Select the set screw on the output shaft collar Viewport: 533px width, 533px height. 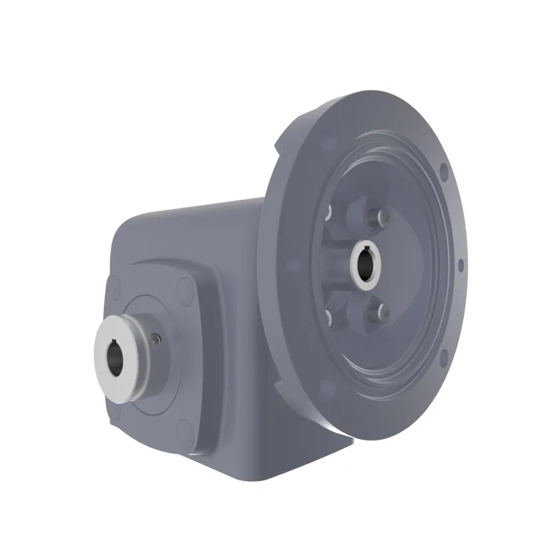(155, 339)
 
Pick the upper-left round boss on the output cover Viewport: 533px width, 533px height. (114, 287)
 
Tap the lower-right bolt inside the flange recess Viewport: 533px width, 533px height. (382, 311)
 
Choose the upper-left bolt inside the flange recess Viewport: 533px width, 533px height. (328, 212)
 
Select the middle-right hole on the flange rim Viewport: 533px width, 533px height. (460, 264)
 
